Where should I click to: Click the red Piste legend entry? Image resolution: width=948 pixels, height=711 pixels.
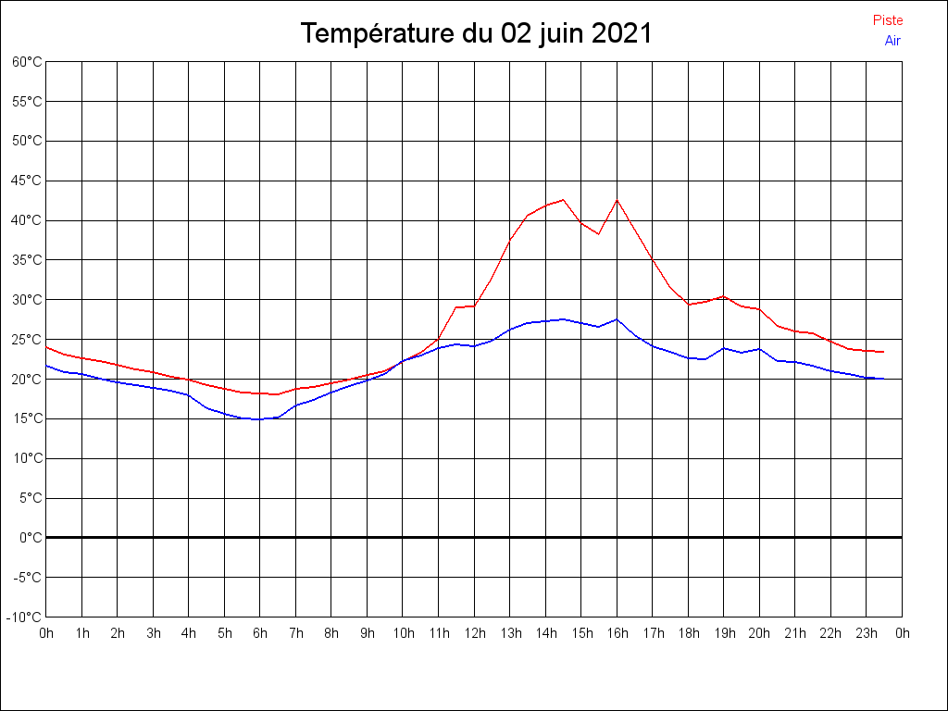[x=887, y=20]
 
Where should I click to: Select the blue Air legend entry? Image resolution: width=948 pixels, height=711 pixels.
[x=892, y=41]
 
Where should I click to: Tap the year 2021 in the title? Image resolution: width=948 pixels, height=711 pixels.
[x=622, y=34]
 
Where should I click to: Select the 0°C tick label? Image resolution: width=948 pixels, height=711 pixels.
[x=31, y=537]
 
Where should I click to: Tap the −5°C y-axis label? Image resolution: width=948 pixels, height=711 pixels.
[x=27, y=577]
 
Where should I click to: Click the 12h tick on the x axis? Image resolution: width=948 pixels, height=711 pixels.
[x=474, y=633]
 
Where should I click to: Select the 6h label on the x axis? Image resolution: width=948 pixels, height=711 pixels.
[x=260, y=633]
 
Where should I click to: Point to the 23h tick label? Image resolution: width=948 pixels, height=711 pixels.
[x=867, y=633]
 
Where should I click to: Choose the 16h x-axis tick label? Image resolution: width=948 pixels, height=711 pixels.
[x=617, y=633]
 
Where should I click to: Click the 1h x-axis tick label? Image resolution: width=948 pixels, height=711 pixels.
[x=82, y=633]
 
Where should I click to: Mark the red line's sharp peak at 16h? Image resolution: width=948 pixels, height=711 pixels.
[x=617, y=200]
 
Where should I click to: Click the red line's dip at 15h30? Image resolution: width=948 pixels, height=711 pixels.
[x=599, y=234]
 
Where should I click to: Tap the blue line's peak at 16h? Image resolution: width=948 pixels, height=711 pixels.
[x=617, y=319]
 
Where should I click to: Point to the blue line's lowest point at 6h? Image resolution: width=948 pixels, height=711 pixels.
[x=260, y=419]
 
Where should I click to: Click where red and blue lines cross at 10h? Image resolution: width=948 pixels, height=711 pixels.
[x=403, y=361]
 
